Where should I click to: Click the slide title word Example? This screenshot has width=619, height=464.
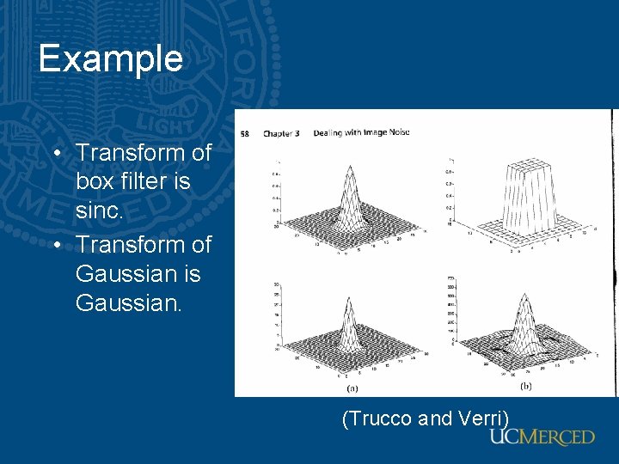click(110, 58)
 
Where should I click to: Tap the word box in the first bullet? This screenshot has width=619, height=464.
click(97, 182)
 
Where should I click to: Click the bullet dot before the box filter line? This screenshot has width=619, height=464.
click(57, 153)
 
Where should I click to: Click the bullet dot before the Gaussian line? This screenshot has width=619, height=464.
click(57, 245)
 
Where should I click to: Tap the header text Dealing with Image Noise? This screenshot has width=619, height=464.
click(361, 132)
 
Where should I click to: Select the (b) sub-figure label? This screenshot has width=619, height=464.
click(525, 387)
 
